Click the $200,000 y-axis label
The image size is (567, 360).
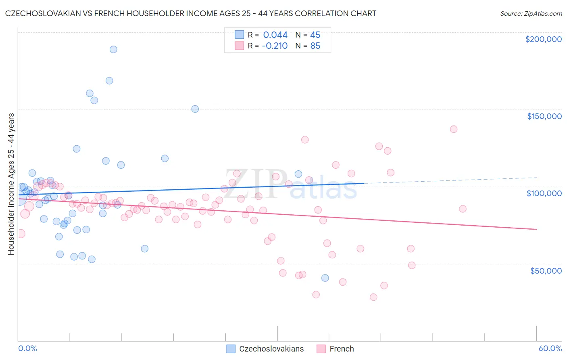543,39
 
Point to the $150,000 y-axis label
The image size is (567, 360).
544,116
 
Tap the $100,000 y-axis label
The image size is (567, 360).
544,193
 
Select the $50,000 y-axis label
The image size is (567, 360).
546,270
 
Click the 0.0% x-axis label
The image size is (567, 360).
27,348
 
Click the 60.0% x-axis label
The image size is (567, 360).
550,348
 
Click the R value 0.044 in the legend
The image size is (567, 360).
275,35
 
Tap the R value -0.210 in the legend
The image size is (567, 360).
274,46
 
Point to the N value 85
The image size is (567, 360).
315,46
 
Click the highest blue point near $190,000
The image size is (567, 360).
113,49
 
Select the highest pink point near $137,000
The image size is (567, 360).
454,129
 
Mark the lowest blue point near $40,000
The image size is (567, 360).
325,278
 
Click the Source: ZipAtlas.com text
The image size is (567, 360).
531,14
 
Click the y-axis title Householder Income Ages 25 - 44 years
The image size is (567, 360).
11,184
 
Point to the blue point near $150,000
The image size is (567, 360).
195,109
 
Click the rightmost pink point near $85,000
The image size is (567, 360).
463,209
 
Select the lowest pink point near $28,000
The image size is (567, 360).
373,297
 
